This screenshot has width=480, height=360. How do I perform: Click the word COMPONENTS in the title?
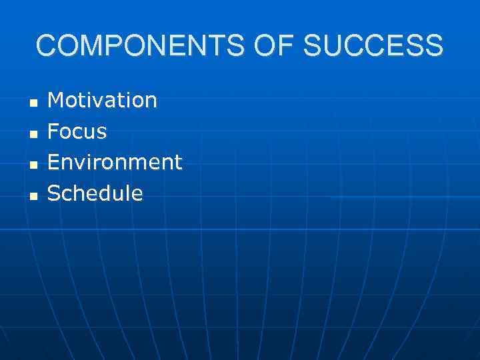[x=143, y=46]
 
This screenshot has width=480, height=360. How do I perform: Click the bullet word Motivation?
[x=103, y=101]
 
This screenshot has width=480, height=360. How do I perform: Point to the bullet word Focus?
[x=77, y=132]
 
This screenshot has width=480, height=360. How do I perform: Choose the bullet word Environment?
[x=115, y=163]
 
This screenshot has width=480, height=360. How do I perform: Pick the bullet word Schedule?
[x=95, y=193]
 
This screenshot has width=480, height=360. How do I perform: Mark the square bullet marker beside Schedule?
[x=33, y=195]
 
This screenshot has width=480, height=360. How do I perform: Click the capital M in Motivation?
[x=56, y=101]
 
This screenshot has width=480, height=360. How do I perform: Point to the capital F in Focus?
[x=53, y=132]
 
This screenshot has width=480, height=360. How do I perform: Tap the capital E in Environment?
[x=54, y=163]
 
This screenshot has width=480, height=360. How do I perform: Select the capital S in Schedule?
[x=54, y=193]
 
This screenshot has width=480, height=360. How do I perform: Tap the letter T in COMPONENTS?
[x=225, y=46]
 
